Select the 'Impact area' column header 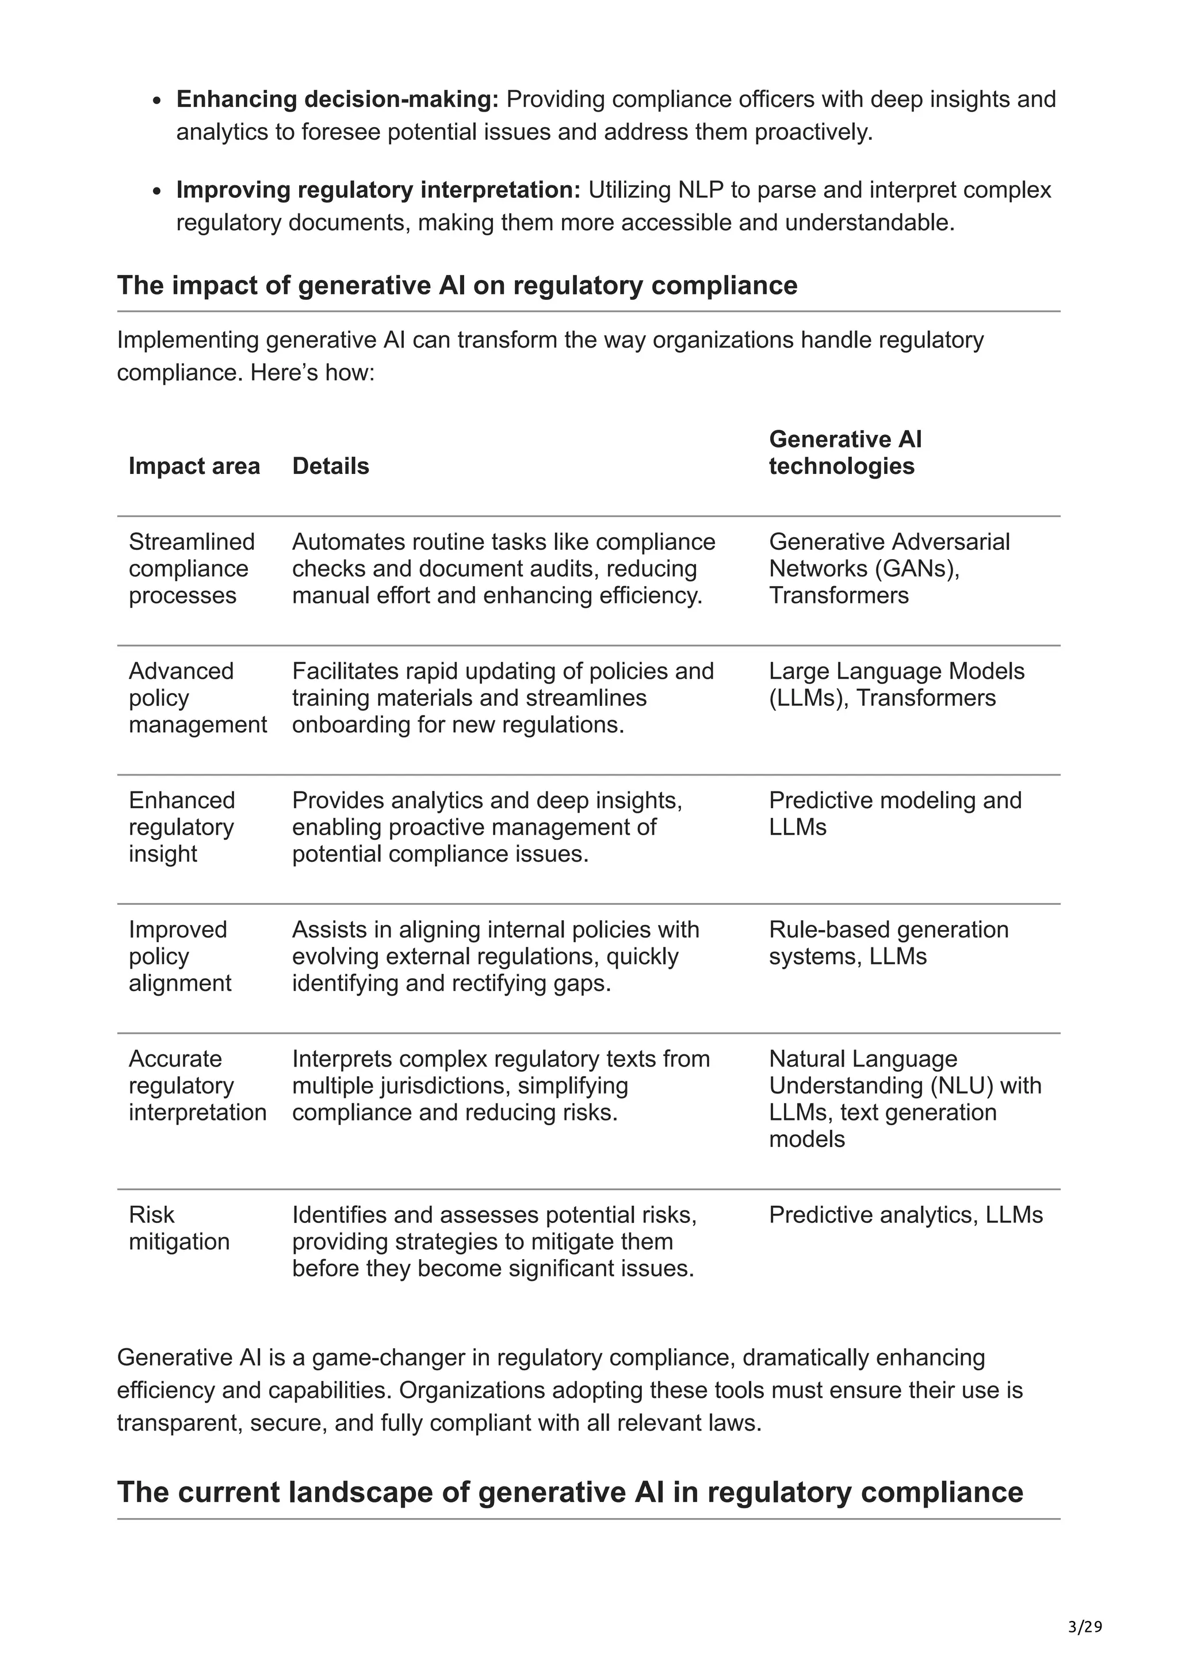194,466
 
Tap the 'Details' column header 330,466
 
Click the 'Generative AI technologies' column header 845,452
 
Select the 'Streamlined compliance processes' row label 192,568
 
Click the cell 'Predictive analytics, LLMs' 905,1215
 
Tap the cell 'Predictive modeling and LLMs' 894,813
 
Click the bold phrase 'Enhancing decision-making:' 338,100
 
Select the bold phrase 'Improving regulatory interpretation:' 378,190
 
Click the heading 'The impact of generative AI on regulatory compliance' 457,285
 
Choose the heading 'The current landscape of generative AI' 570,1492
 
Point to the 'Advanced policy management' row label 197,698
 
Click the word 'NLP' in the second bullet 701,190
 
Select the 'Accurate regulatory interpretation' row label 197,1085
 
